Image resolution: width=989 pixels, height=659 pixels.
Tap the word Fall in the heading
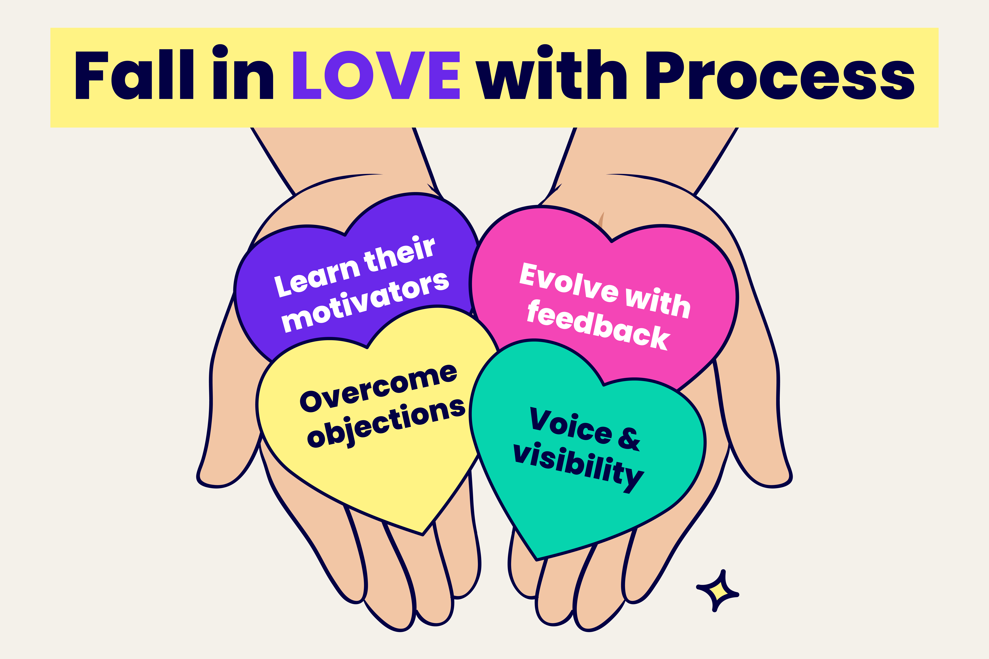(134, 74)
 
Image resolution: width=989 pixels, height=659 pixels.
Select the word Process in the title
(780, 75)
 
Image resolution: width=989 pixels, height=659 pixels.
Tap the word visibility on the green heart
(579, 467)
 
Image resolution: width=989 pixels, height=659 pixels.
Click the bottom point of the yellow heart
(422, 535)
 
